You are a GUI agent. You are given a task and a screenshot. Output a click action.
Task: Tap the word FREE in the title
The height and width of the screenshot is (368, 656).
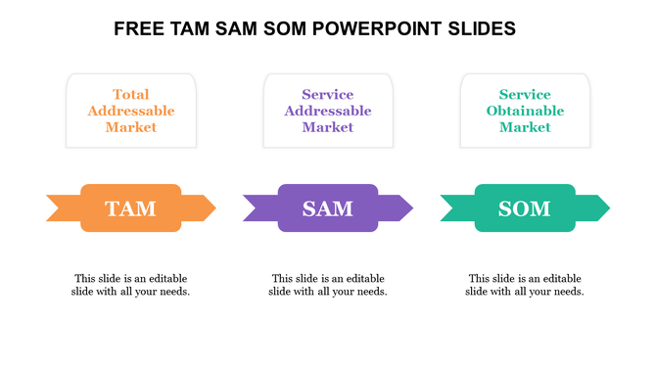pyautogui.click(x=139, y=29)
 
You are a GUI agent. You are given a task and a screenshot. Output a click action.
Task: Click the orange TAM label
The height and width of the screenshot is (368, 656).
pyautogui.click(x=130, y=208)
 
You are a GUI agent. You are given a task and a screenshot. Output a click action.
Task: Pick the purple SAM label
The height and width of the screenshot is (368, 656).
pyautogui.click(x=328, y=208)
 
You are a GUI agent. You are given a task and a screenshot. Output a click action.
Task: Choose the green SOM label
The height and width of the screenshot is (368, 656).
pyautogui.click(x=525, y=208)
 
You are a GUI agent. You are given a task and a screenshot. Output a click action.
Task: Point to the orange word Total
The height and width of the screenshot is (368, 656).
pyautogui.click(x=130, y=95)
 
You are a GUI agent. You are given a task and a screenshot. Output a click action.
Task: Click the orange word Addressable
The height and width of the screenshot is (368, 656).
pyautogui.click(x=130, y=111)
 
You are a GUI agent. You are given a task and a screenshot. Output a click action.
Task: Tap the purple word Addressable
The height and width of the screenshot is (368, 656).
pyautogui.click(x=328, y=111)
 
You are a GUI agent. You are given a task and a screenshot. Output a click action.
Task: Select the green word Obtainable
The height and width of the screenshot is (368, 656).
pyautogui.click(x=525, y=111)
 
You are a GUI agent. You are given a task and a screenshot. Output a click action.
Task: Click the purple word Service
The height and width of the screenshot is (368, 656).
pyautogui.click(x=328, y=95)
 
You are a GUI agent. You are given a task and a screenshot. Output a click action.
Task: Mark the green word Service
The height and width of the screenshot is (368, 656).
pyautogui.click(x=525, y=95)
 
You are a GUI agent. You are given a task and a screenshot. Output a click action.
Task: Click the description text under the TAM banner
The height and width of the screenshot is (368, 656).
pyautogui.click(x=130, y=285)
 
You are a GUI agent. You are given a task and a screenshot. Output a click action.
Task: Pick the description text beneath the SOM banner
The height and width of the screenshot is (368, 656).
pyautogui.click(x=525, y=285)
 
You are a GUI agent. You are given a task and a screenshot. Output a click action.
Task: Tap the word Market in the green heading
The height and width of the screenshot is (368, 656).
pyautogui.click(x=525, y=127)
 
